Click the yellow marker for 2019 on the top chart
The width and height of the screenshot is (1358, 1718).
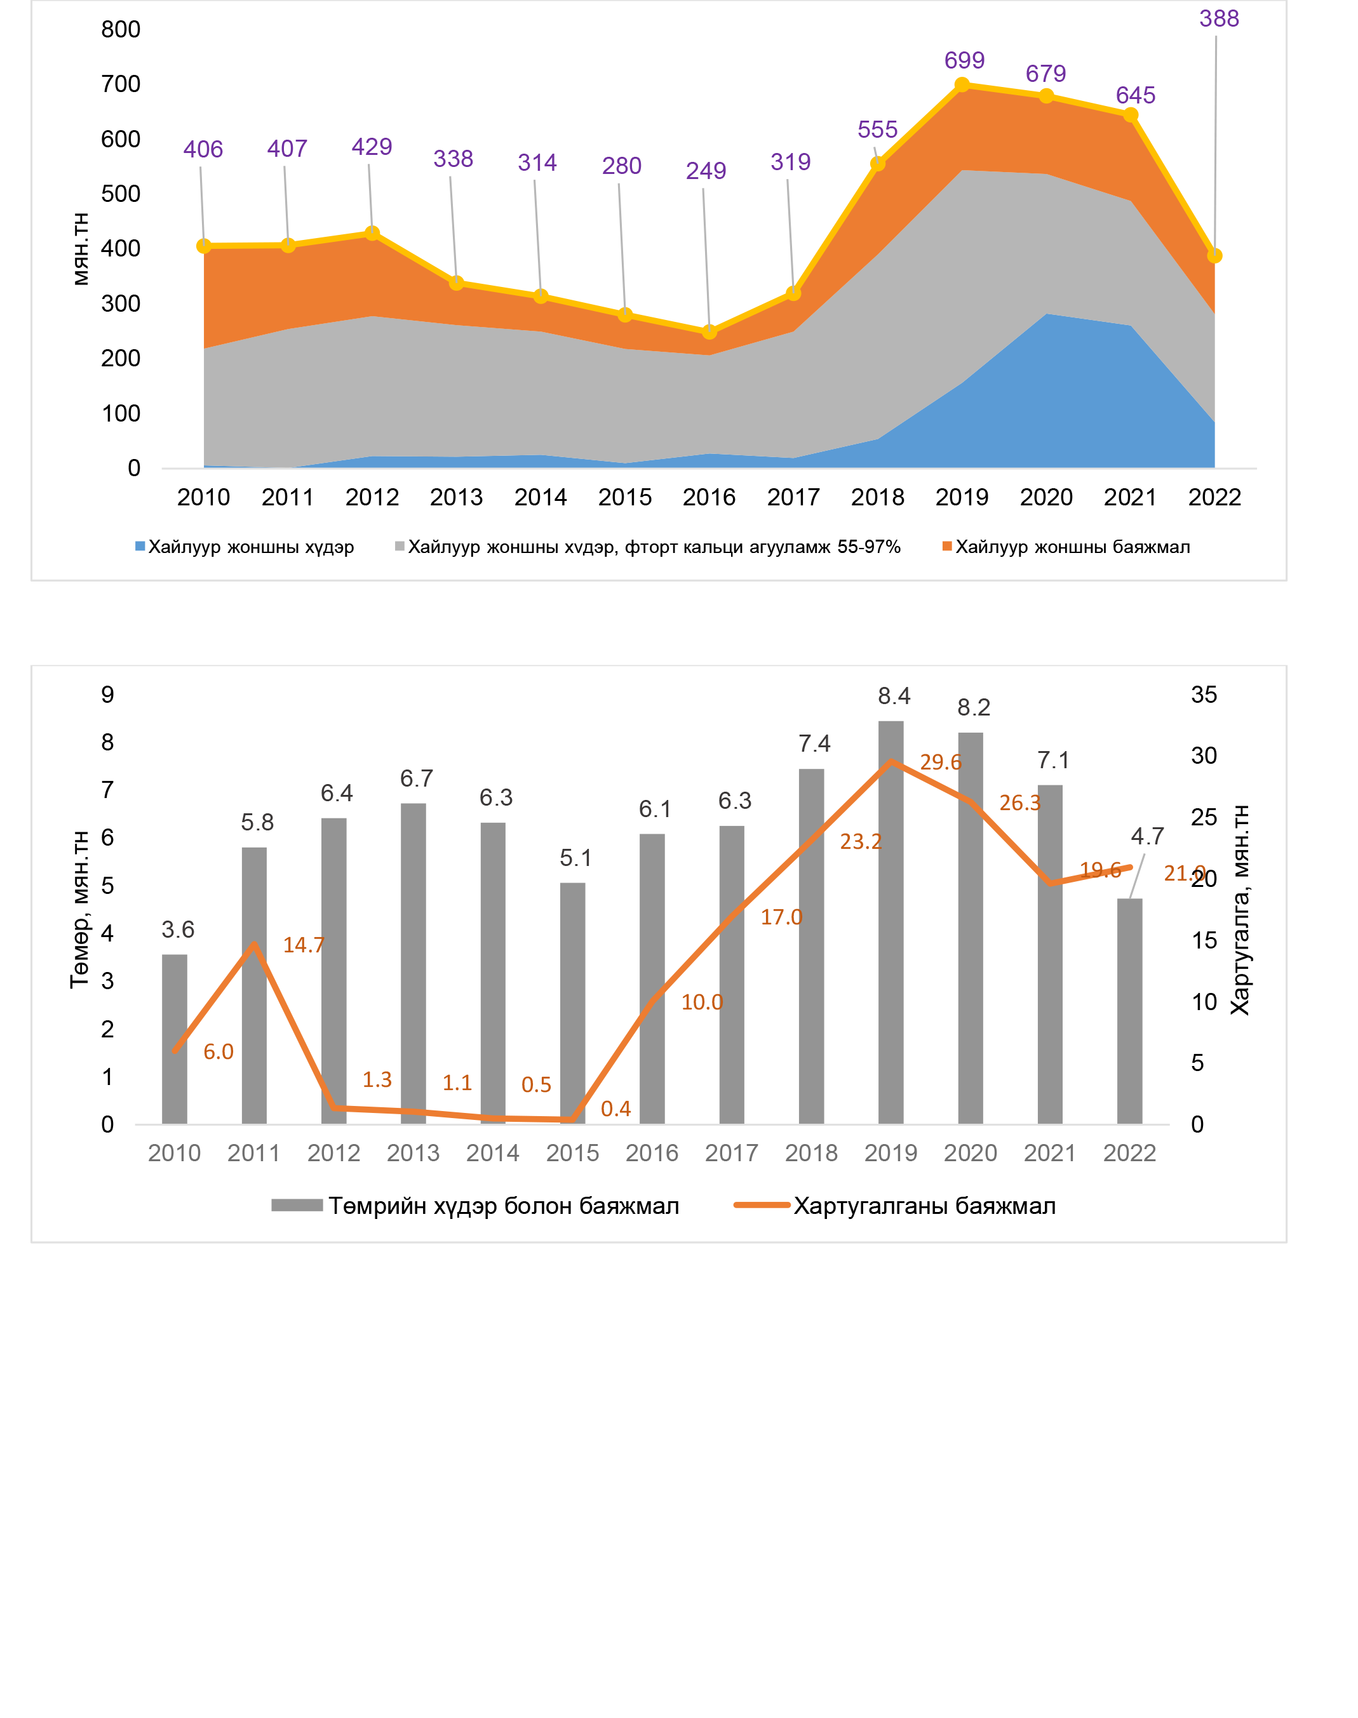point(962,85)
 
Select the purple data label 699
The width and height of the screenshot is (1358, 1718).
point(964,60)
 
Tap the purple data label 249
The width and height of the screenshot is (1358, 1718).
point(706,171)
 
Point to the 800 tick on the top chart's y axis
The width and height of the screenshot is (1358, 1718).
point(121,29)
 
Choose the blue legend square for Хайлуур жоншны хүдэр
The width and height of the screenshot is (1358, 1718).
point(140,546)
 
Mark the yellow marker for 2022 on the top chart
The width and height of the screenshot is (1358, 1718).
point(1214,256)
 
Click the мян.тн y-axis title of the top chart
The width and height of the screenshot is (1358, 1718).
point(80,249)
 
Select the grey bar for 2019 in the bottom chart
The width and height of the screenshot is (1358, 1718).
point(891,922)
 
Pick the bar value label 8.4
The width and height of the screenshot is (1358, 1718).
point(894,696)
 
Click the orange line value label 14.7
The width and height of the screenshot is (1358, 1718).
point(304,945)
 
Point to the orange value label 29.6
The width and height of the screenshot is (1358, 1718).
point(941,762)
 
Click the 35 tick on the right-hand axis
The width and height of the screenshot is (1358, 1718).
point(1204,695)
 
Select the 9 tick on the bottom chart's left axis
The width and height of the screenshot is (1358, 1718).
point(107,695)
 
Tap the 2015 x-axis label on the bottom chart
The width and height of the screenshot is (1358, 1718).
point(572,1153)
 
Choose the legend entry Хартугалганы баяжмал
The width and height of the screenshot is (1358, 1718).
point(924,1206)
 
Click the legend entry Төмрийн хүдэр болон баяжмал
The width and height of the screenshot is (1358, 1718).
point(503,1206)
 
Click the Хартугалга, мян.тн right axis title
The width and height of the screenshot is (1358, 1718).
point(1240,910)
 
